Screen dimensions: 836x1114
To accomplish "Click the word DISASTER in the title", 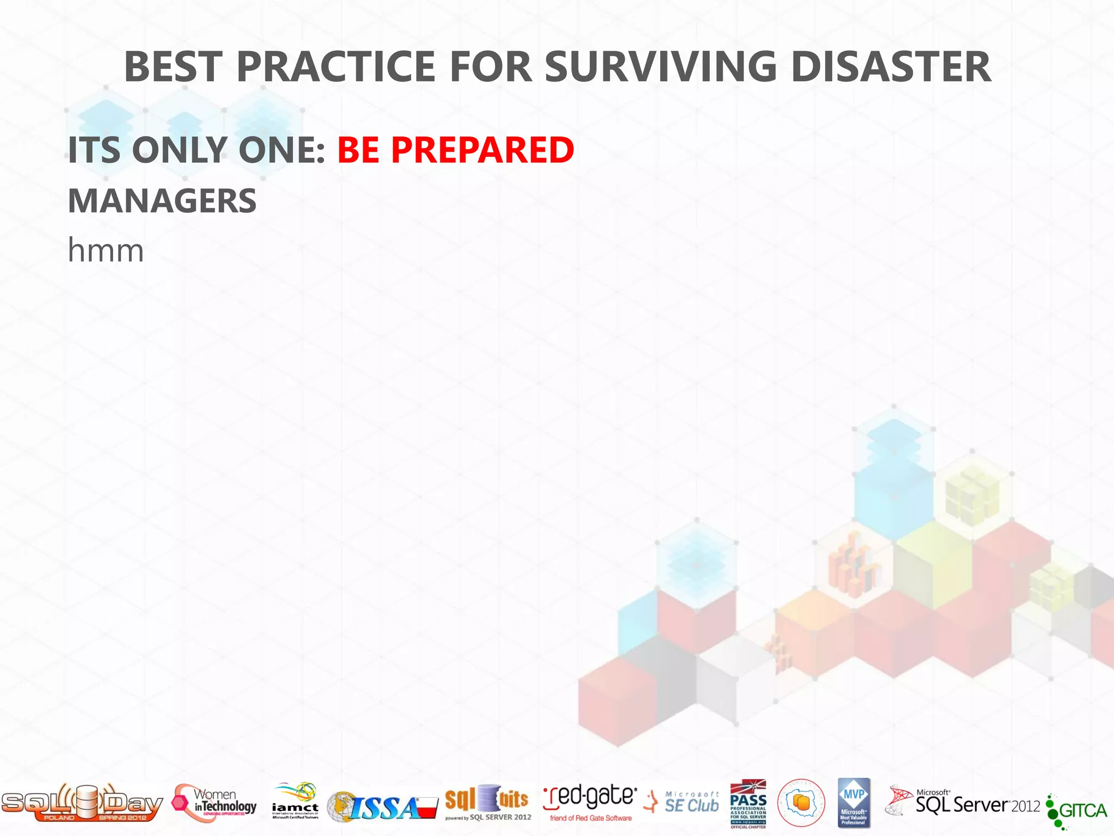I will click(890, 66).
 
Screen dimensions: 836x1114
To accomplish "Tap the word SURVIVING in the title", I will click(660, 66).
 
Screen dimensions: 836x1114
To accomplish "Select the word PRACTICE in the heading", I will click(336, 66).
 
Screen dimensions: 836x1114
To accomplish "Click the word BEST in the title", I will click(174, 66).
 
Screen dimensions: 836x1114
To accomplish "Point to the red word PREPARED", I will click(482, 150).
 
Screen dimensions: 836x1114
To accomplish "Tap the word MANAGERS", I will click(162, 201).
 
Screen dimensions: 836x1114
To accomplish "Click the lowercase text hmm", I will click(106, 251).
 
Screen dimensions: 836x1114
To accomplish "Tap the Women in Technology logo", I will click(215, 803).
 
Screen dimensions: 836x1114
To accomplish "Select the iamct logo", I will click(295, 801).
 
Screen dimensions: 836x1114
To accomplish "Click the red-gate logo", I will click(590, 802).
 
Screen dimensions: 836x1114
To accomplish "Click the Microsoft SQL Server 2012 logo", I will click(963, 803).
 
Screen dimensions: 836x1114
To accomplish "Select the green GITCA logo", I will click(1077, 811).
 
